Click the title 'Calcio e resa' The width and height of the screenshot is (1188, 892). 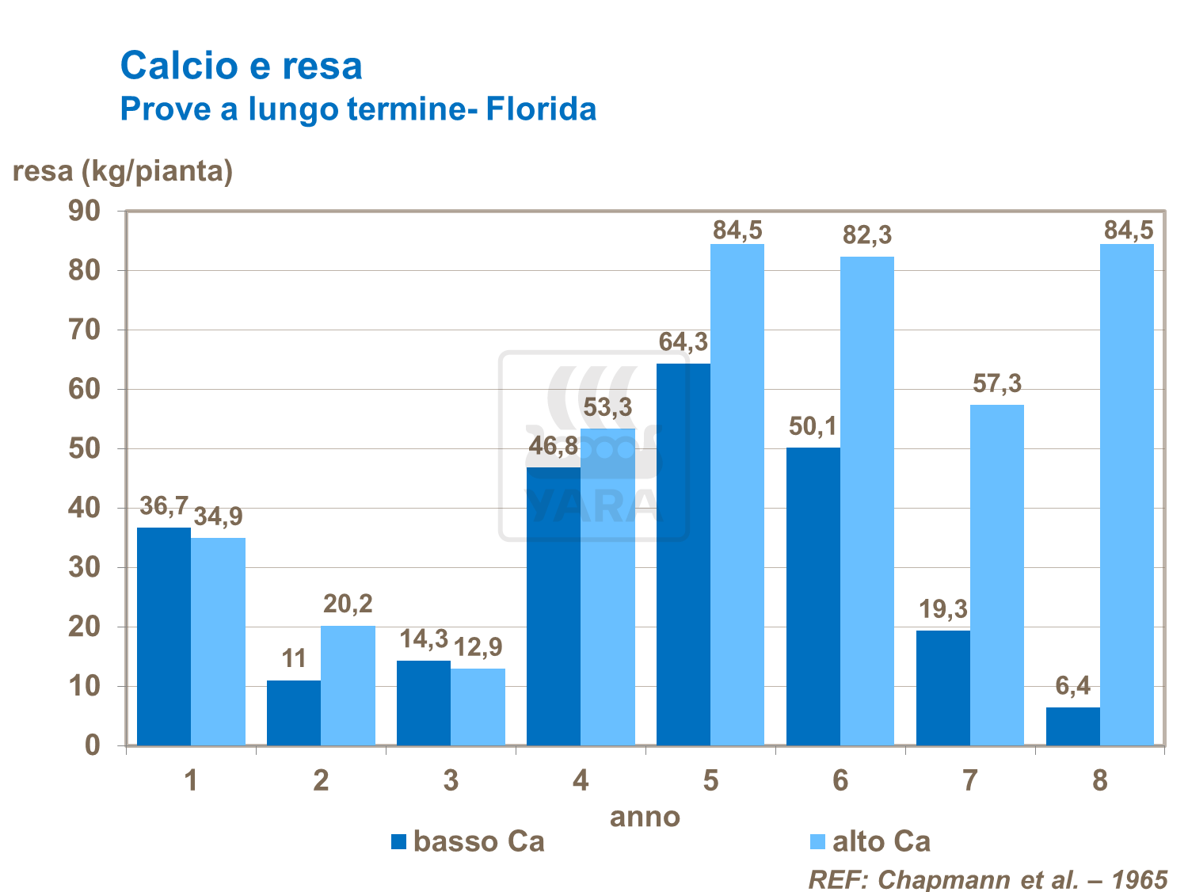[x=241, y=66]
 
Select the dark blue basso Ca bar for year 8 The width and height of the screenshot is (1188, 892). [x=1072, y=726]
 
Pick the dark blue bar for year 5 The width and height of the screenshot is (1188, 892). [x=683, y=555]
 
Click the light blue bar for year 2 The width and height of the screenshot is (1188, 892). [x=348, y=685]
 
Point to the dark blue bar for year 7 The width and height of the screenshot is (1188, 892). [x=942, y=688]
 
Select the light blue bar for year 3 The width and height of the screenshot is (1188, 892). [x=478, y=707]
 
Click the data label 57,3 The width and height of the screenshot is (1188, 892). [x=997, y=384]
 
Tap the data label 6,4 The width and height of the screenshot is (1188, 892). [x=1073, y=686]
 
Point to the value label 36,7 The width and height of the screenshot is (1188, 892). [x=164, y=506]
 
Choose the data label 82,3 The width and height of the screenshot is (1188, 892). [x=867, y=235]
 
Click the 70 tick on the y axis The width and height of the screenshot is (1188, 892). [x=85, y=330]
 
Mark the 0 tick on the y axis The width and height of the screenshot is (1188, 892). [x=93, y=745]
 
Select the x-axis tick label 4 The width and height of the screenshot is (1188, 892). [x=581, y=781]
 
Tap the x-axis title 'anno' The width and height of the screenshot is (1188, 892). [x=645, y=817]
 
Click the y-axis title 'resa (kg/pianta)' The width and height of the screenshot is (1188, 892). [x=123, y=170]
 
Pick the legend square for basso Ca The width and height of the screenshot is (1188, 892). [x=398, y=841]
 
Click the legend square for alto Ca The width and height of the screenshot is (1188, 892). [x=817, y=841]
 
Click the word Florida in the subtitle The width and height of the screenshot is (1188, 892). [x=541, y=109]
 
